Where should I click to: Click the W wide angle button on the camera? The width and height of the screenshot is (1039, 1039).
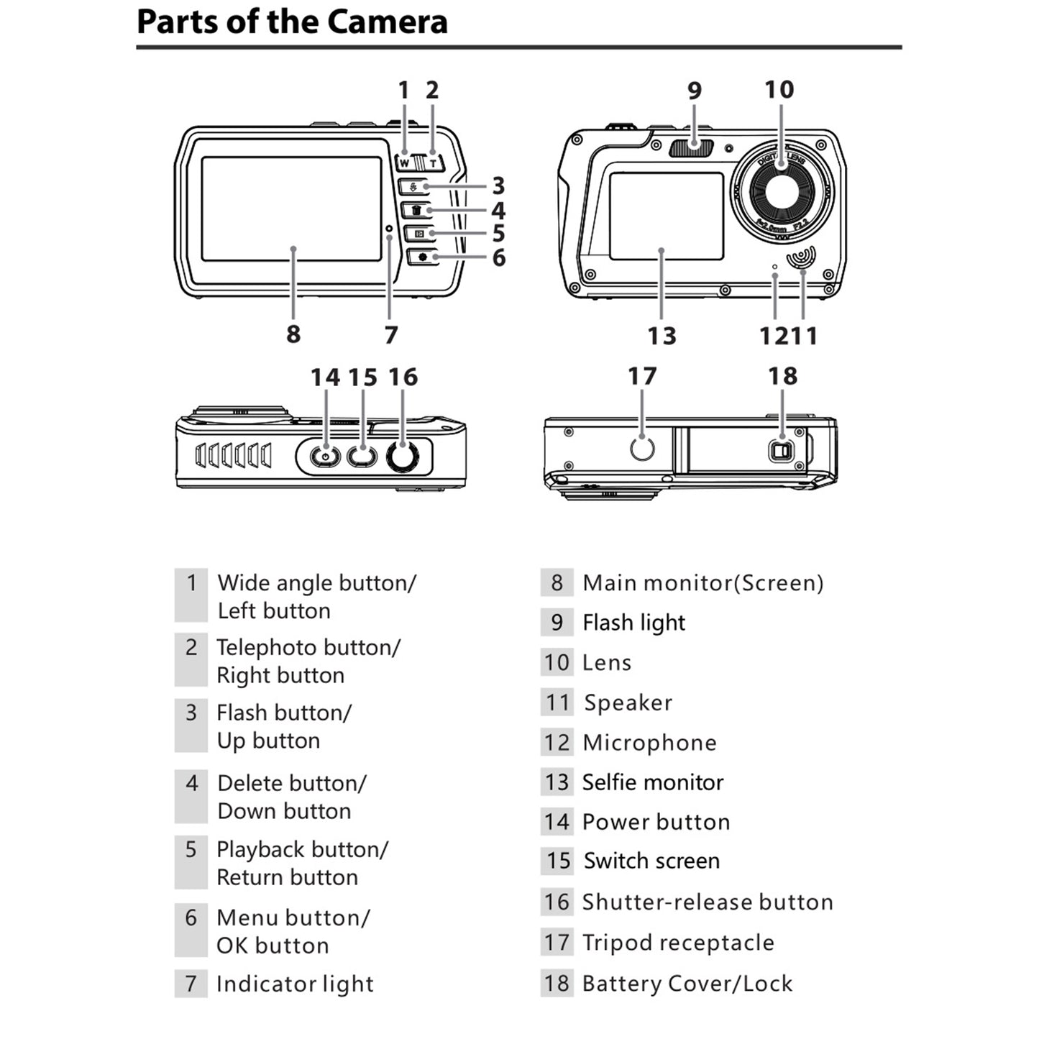click(x=405, y=163)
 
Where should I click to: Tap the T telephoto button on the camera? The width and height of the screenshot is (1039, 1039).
click(x=433, y=163)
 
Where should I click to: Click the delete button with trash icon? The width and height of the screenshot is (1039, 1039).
click(x=416, y=210)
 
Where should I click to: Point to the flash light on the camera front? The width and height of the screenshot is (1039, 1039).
click(x=691, y=147)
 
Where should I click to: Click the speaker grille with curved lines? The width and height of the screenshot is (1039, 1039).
click(x=801, y=257)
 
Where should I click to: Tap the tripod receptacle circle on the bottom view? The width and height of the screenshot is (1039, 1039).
click(x=641, y=448)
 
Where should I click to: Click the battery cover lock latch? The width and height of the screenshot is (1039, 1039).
click(x=781, y=452)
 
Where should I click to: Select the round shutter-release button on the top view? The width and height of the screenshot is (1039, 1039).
click(x=403, y=457)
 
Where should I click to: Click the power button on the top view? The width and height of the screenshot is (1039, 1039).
click(x=325, y=457)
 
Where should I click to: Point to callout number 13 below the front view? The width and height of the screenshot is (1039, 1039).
click(x=662, y=336)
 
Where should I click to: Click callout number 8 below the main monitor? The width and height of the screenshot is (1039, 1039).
click(x=293, y=334)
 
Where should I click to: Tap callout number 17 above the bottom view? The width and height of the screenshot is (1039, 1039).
click(x=641, y=376)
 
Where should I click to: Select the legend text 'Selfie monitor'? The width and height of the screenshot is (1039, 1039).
click(x=652, y=782)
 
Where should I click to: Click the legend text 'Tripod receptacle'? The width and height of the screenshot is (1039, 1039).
click(x=677, y=943)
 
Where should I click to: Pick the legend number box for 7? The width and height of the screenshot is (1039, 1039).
click(x=191, y=983)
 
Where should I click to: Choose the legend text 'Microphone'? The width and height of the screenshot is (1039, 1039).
click(x=649, y=743)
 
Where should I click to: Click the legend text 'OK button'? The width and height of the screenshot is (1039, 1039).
click(x=273, y=946)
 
